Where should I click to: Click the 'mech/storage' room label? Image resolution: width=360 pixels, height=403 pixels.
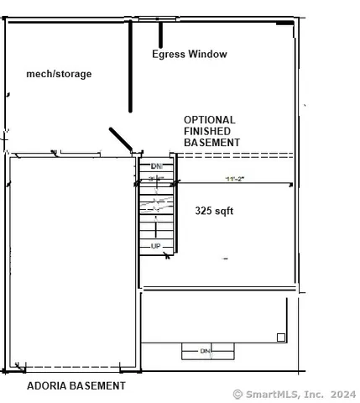(x=59, y=74)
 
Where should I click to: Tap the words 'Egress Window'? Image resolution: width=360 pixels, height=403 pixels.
(x=189, y=55)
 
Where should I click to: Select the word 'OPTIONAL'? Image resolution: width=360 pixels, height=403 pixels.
(x=209, y=120)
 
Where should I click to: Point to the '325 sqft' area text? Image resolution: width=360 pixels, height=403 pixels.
(x=214, y=211)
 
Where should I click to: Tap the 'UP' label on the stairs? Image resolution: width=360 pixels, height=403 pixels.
(x=156, y=245)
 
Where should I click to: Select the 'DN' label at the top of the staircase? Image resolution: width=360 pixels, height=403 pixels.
(x=156, y=165)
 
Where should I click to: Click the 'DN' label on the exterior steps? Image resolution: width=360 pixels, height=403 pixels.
(x=205, y=350)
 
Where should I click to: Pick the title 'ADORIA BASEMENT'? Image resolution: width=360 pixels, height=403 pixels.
(x=76, y=386)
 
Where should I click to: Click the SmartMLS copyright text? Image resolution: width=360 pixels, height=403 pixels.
(x=294, y=394)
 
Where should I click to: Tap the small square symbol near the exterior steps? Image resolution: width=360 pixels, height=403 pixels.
(x=281, y=338)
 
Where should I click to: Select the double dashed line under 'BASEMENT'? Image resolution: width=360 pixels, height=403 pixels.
(x=235, y=154)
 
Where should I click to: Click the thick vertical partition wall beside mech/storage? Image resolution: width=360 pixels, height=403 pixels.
(x=130, y=67)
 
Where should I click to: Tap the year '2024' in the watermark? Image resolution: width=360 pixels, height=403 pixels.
(x=342, y=394)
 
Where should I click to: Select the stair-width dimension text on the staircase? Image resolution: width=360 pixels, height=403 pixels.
(x=156, y=179)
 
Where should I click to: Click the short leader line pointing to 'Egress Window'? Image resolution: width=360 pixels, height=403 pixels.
(x=160, y=34)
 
